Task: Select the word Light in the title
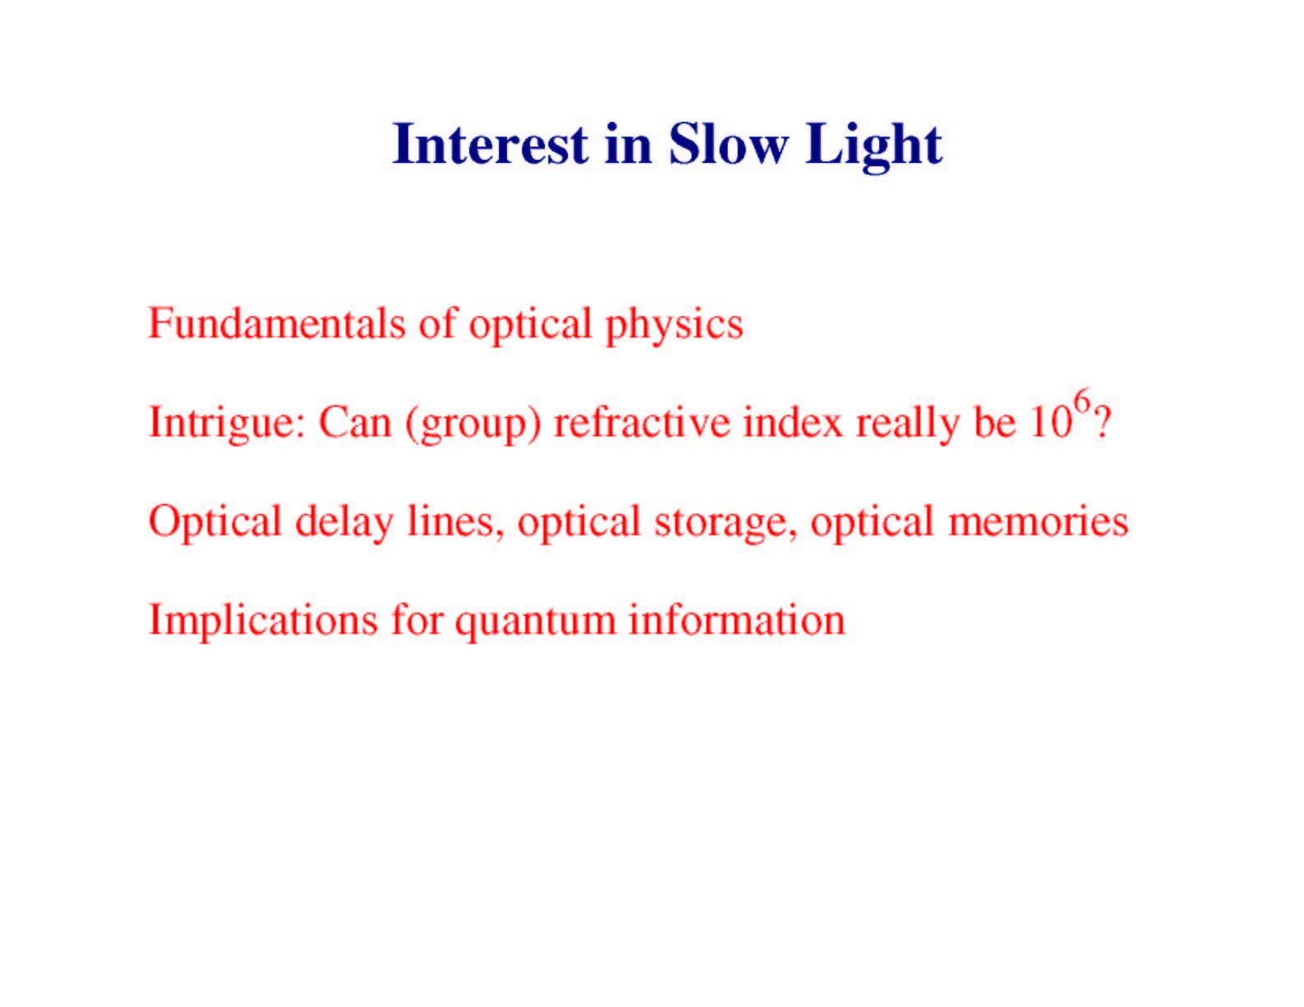point(873,147)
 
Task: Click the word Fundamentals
point(277,323)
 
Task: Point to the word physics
point(674,326)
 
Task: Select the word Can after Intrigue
point(355,422)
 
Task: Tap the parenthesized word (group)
point(473,424)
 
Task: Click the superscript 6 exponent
point(1082,400)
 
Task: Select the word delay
point(344,523)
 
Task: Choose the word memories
point(1038,520)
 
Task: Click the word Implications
point(263,622)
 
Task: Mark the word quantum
point(535,623)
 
